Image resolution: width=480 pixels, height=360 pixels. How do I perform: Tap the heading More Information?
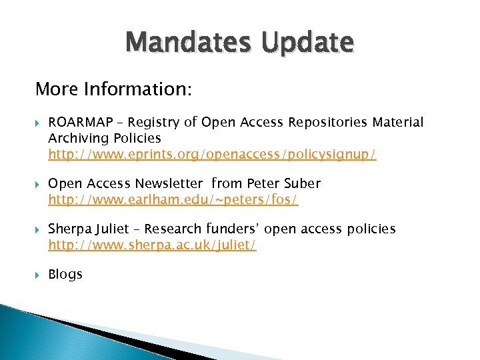[113, 89]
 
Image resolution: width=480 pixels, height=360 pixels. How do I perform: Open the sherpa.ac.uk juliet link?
[152, 245]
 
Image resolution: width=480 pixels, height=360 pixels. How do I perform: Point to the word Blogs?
[65, 274]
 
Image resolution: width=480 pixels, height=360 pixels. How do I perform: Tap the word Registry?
[153, 122]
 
